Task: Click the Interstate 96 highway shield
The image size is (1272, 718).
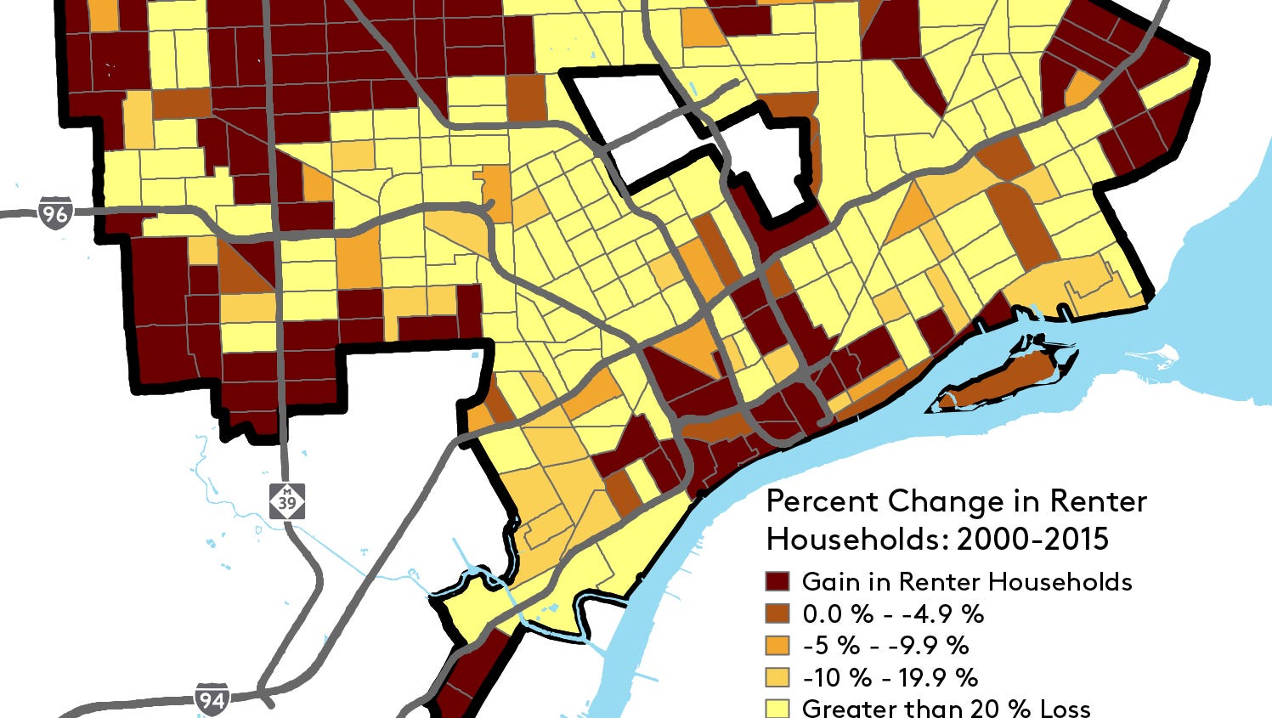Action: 55,212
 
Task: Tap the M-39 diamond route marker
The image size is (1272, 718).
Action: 287,502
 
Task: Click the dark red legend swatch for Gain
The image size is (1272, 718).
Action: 777,582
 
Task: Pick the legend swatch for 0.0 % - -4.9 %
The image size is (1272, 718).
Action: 777,613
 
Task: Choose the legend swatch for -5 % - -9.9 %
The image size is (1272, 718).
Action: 777,645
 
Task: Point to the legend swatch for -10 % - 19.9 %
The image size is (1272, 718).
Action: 777,677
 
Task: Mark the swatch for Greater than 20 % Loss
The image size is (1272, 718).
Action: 777,708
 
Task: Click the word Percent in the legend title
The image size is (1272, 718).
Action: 821,501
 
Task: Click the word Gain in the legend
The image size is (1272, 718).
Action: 830,582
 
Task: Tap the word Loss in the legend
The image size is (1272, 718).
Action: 1061,708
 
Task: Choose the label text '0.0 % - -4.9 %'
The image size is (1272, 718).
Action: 893,613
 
